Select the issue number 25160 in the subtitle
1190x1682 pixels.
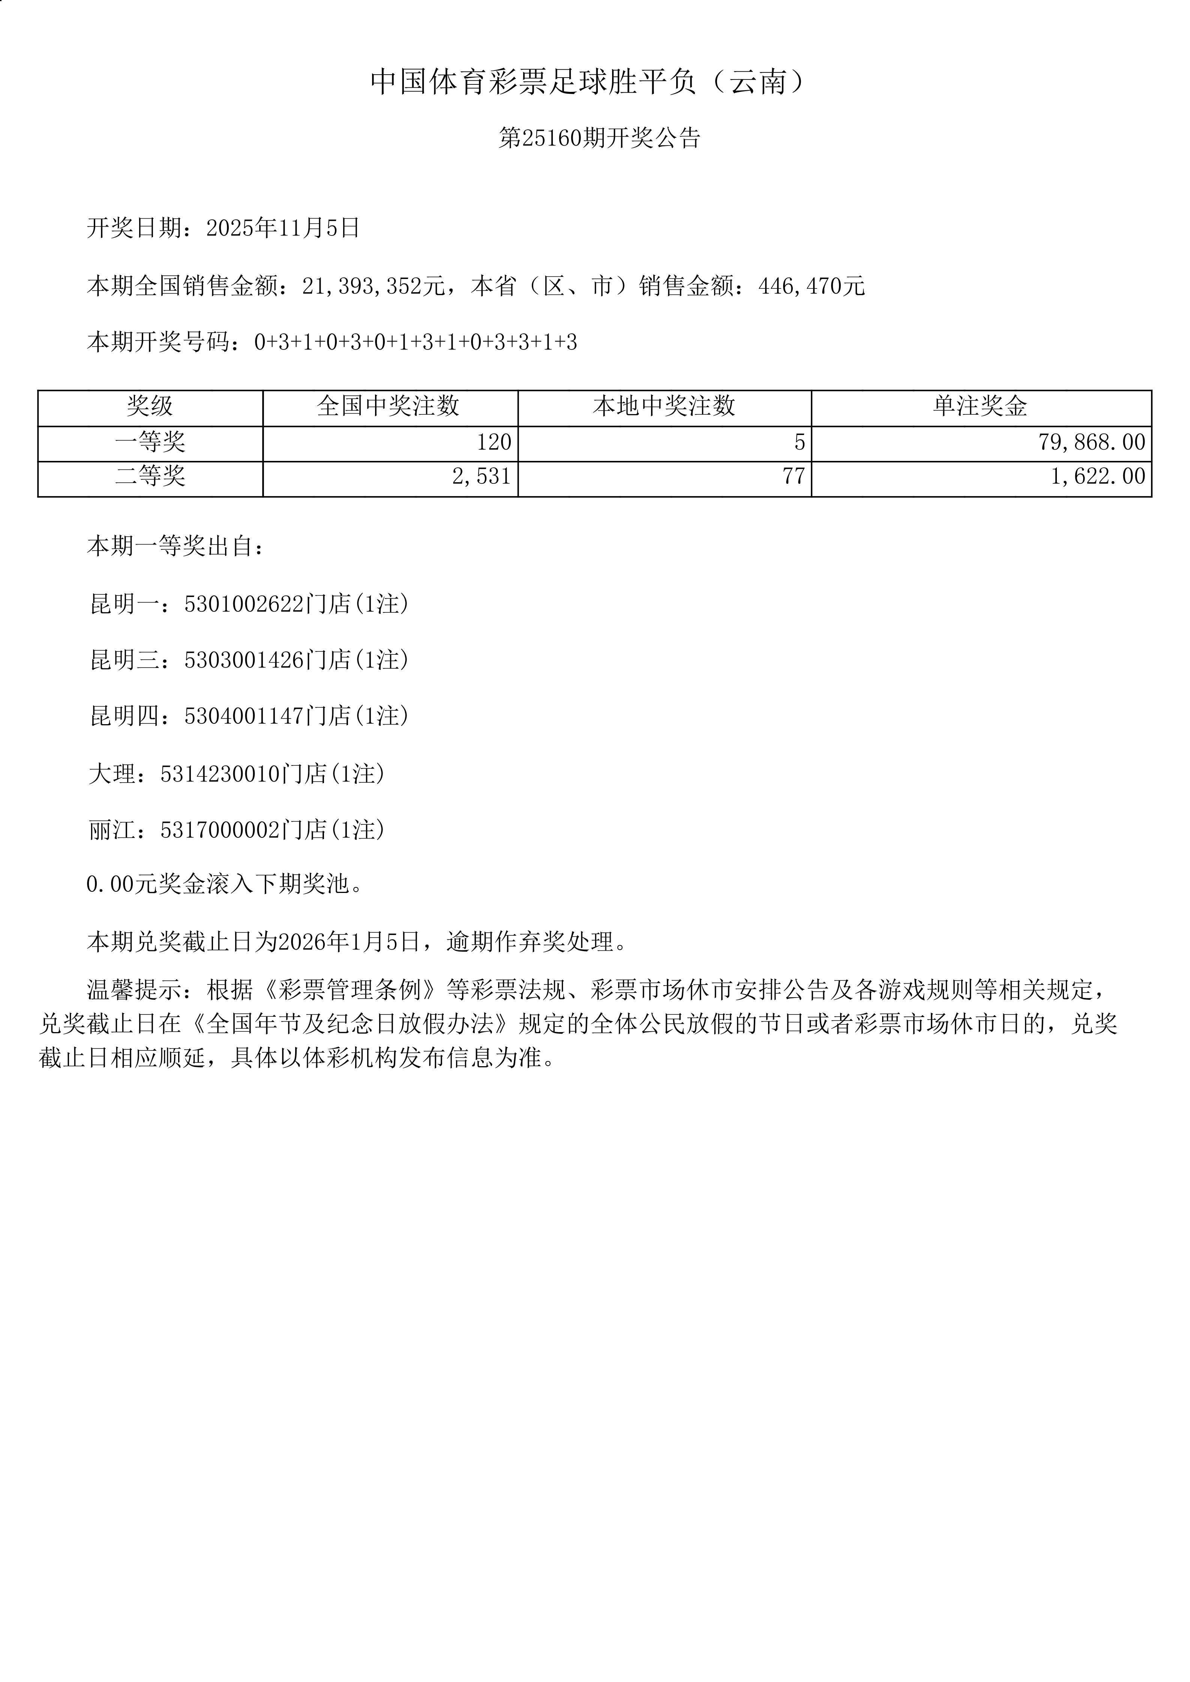tap(551, 138)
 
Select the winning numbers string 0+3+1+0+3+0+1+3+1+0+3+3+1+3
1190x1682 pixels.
tap(416, 342)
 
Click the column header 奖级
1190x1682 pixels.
tap(150, 406)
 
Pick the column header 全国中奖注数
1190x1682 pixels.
tap(389, 406)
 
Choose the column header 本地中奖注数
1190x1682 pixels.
tap(664, 406)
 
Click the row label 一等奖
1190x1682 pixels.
tap(150, 442)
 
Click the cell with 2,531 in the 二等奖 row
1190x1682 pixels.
tap(482, 477)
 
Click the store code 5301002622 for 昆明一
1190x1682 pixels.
tap(244, 605)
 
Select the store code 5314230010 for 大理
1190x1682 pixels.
tap(220, 774)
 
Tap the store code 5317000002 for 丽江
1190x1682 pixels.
tap(220, 830)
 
